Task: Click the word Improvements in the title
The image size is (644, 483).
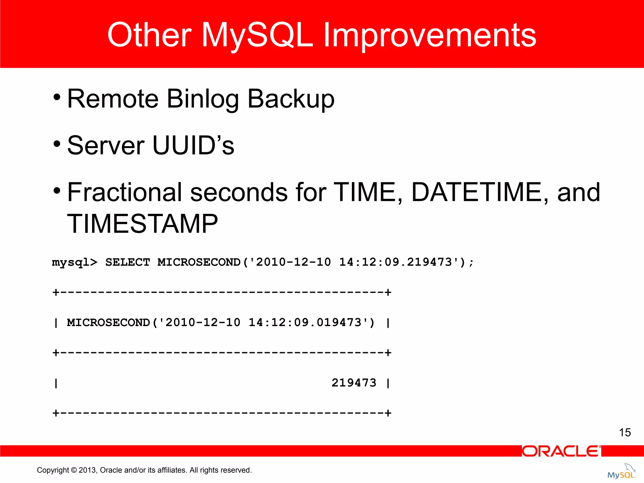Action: tap(430, 35)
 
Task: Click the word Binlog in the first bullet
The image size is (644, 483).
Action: tap(203, 99)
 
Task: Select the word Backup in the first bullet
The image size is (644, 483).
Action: tap(291, 99)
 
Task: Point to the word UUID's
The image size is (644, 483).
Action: tap(193, 146)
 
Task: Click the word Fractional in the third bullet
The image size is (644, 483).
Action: tap(125, 192)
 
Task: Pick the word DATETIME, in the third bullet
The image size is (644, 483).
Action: tap(480, 192)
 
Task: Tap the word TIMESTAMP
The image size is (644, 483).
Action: tap(142, 224)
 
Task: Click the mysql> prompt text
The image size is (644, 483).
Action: tap(75, 262)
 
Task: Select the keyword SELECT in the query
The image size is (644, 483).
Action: tap(127, 262)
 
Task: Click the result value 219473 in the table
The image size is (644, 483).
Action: tap(354, 383)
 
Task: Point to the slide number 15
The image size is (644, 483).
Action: tap(625, 432)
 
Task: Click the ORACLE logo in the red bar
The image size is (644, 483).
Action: tap(561, 451)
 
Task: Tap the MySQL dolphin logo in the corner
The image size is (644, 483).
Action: tap(622, 472)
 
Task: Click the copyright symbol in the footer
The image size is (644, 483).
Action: tap(74, 470)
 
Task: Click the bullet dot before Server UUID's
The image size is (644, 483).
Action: tap(57, 144)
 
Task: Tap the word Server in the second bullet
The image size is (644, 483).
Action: tap(106, 146)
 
